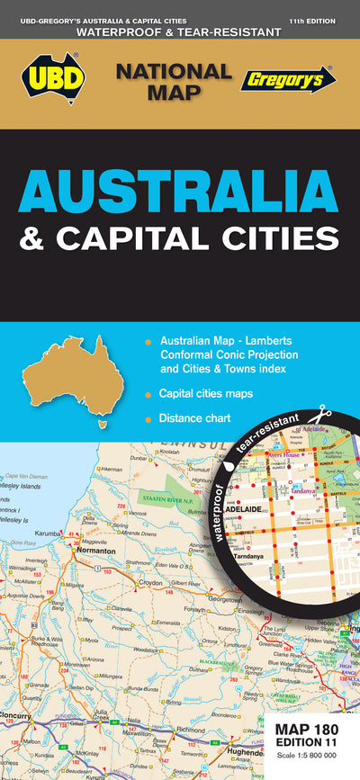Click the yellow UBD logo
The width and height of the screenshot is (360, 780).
pyautogui.click(x=53, y=80)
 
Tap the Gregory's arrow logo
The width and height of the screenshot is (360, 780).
pyautogui.click(x=287, y=79)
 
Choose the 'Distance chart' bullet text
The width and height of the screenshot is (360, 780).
pyautogui.click(x=195, y=418)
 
